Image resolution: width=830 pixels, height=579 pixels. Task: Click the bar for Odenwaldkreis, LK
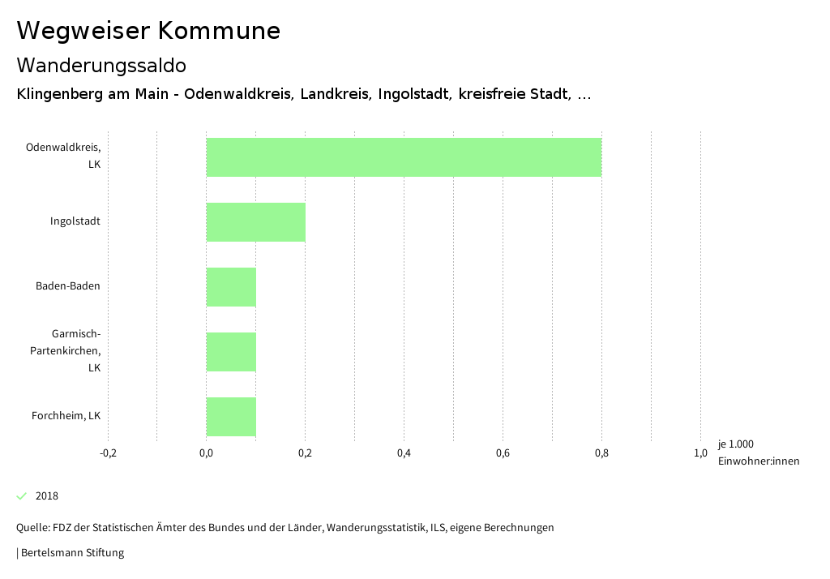(x=404, y=157)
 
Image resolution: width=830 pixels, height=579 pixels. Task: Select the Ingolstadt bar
(x=255, y=222)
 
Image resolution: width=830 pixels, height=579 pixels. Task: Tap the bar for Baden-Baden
(x=231, y=287)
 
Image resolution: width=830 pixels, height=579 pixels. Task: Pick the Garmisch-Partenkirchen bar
(x=231, y=352)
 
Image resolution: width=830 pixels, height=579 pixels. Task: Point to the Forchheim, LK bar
(x=231, y=417)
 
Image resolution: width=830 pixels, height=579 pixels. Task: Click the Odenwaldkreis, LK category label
(x=63, y=156)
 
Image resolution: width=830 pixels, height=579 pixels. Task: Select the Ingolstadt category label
(x=75, y=221)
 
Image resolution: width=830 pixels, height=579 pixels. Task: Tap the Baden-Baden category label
(x=68, y=286)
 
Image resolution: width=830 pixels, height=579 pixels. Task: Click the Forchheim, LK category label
(x=66, y=416)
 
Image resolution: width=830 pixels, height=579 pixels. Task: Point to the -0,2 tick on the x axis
(x=108, y=453)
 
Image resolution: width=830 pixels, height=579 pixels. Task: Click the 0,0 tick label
(x=206, y=453)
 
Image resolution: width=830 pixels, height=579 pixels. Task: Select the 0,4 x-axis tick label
(x=404, y=453)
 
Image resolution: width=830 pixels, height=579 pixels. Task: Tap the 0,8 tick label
(x=601, y=453)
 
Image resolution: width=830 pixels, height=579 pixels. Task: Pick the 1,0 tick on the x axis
(x=700, y=453)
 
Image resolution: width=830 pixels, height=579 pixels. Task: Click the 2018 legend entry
(x=47, y=496)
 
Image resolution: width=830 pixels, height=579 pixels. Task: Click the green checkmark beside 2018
(x=22, y=496)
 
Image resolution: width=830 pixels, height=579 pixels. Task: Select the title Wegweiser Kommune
(x=148, y=31)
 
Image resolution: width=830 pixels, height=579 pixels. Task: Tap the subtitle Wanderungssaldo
(x=101, y=65)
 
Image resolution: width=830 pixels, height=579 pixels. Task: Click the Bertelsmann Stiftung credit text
(x=71, y=553)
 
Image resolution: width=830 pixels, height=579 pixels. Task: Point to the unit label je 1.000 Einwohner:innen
(x=758, y=452)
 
